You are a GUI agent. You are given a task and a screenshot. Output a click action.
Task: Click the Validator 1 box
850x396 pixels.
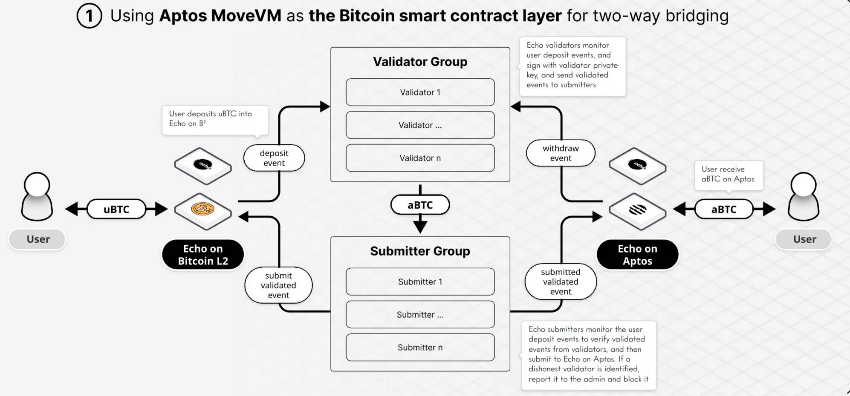point(420,92)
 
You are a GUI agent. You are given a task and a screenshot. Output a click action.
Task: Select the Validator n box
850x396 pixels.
point(420,158)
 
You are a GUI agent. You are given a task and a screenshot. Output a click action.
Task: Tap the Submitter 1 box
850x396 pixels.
point(420,281)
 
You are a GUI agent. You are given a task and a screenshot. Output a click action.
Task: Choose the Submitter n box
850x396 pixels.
point(420,347)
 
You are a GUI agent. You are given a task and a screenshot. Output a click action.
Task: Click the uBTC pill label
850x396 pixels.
point(116,209)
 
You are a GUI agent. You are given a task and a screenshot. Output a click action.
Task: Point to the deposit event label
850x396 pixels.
point(274,158)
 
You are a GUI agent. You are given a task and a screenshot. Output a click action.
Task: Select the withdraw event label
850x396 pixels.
point(561,153)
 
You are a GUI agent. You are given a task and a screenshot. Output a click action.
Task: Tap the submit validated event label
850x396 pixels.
point(278,285)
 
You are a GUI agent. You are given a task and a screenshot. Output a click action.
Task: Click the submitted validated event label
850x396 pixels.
point(561,281)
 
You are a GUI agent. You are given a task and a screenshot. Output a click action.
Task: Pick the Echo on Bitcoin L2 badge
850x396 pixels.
point(203,255)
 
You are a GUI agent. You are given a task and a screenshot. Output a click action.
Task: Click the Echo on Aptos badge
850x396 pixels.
point(637,255)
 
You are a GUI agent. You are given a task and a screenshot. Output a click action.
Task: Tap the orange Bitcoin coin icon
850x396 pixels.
point(203,209)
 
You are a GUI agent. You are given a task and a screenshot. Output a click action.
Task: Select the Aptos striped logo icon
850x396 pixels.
point(637,209)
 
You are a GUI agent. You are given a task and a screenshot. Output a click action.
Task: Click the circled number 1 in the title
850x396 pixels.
point(89,16)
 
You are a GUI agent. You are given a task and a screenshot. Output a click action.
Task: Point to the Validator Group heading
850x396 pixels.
point(420,62)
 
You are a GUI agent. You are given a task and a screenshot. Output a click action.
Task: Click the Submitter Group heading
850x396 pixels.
point(420,251)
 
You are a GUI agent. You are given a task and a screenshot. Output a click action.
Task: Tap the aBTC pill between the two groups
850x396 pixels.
point(420,205)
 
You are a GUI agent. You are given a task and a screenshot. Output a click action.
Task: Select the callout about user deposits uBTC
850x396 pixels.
point(215,119)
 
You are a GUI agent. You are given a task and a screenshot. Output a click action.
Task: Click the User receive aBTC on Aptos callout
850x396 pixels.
point(729,175)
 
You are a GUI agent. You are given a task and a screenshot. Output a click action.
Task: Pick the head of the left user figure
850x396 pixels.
point(37,185)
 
